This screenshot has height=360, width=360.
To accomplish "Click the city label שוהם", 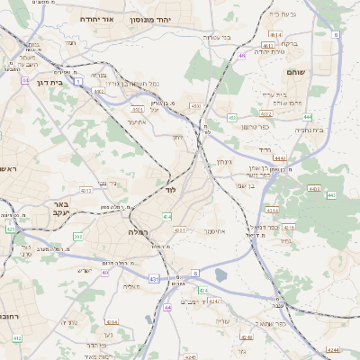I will (295, 71).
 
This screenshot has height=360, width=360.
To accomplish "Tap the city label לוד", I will (170, 191).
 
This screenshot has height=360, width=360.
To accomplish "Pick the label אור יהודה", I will (96, 19).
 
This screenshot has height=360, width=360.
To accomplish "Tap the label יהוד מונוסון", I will (150, 19).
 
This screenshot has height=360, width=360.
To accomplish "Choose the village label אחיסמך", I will (214, 231).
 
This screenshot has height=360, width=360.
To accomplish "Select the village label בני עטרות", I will (217, 37).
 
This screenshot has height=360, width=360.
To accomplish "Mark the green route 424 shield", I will (203, 291).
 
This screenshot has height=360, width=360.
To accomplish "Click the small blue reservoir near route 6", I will (221, 274).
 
